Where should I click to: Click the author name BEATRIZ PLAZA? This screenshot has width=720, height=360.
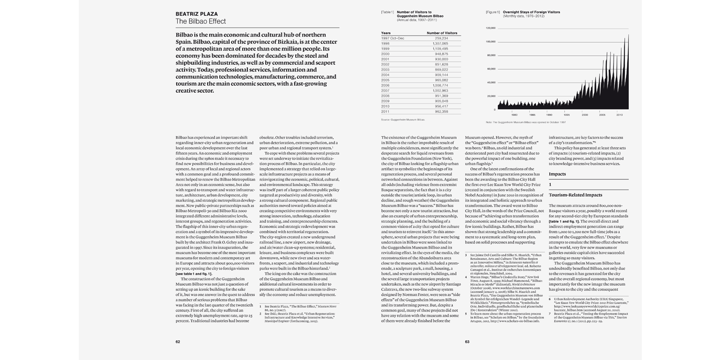[x=196, y=14]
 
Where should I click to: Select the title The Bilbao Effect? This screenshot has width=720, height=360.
[x=200, y=21]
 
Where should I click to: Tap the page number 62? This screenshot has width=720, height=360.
[x=178, y=341]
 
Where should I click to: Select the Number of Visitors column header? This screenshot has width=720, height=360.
[x=442, y=33]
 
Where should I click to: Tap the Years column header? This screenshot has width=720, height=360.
[x=386, y=33]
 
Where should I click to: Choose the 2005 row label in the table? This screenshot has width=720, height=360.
[x=385, y=80]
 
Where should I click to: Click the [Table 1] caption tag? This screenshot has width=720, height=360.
[x=387, y=12]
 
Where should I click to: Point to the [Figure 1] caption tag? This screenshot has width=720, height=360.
[x=492, y=12]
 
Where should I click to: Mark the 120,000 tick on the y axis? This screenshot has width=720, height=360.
[x=490, y=28]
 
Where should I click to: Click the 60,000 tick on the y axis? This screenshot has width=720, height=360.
[x=491, y=69]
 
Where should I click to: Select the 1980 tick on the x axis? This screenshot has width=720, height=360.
[x=514, y=115]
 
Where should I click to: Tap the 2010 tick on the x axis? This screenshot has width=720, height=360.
[x=619, y=115]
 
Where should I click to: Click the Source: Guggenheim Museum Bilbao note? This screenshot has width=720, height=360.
[x=402, y=119]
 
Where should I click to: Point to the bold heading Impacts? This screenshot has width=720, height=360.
[x=557, y=174]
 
